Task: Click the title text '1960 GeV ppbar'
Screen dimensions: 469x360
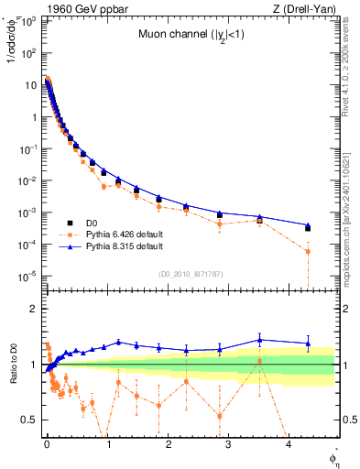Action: click(x=69, y=8)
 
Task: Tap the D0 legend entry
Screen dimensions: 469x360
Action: click(x=93, y=222)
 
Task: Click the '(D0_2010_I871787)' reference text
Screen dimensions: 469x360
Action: click(x=191, y=274)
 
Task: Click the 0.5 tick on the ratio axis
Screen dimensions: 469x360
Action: click(x=31, y=420)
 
